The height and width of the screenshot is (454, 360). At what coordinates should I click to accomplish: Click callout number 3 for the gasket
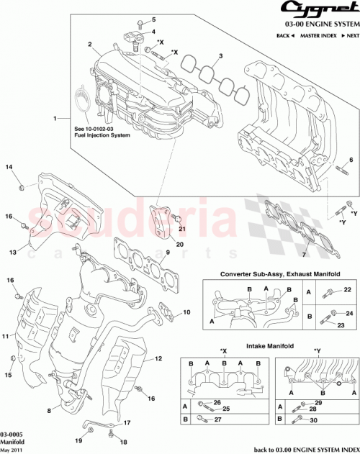(220, 57)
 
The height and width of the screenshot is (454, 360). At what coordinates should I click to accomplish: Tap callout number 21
(182, 230)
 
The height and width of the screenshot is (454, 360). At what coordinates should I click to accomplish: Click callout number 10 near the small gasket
(186, 312)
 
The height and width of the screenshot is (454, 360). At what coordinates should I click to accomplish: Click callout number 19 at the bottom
(79, 440)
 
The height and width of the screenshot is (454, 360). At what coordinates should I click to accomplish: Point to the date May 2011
(11, 449)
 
